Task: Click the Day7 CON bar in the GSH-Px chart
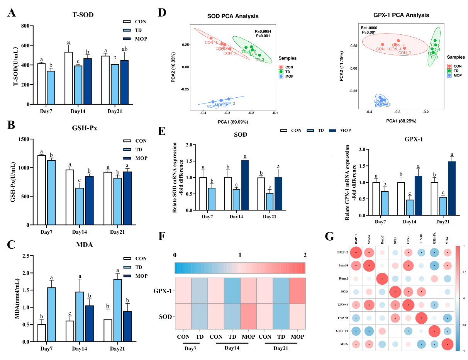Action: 42,190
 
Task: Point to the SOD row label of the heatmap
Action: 165,317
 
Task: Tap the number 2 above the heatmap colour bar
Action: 305,255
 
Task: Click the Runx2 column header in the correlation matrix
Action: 382,240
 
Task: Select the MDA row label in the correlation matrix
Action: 341,343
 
